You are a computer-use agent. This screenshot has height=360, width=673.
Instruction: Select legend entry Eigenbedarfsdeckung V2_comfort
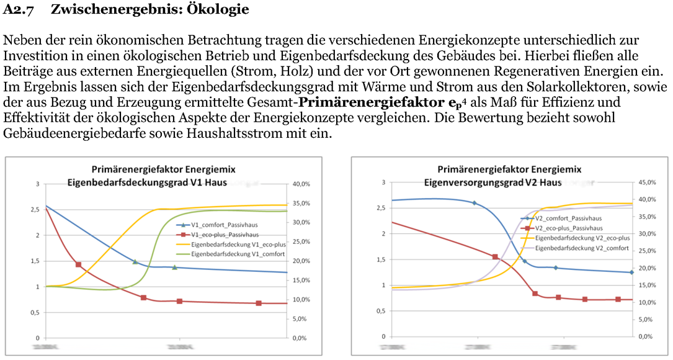pos(582,248)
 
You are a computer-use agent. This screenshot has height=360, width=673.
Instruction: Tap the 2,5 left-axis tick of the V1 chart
pos(33,210)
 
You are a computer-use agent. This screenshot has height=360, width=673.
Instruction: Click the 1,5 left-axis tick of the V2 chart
pos(378,259)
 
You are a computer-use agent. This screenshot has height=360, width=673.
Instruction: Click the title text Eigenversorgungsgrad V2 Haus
pos(492,182)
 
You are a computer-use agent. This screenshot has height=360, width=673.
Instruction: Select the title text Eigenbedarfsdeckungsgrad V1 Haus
pos(147,182)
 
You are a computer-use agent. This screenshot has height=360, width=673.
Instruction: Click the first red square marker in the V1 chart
pos(79,264)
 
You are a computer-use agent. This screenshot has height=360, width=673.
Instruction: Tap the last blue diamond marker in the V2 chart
pos(631,272)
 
